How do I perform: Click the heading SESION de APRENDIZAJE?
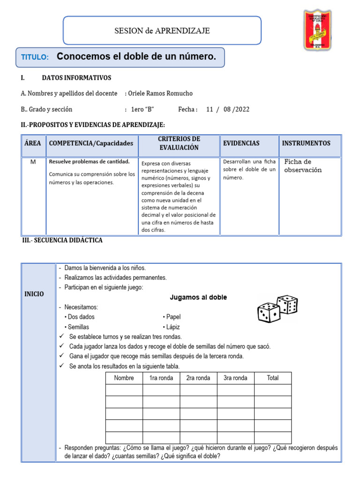162,31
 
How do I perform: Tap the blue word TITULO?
35,57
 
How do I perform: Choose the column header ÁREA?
32,143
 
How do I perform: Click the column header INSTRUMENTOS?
306,143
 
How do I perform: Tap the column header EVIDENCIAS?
241,143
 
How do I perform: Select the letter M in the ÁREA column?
33,162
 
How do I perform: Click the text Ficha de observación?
303,166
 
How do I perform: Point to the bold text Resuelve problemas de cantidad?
89,162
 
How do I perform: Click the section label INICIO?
34,294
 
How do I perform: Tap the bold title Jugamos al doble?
198,297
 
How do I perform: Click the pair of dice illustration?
277,309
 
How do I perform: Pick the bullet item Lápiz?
172,327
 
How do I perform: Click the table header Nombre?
124,378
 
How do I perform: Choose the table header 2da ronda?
198,378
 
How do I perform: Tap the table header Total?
272,378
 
